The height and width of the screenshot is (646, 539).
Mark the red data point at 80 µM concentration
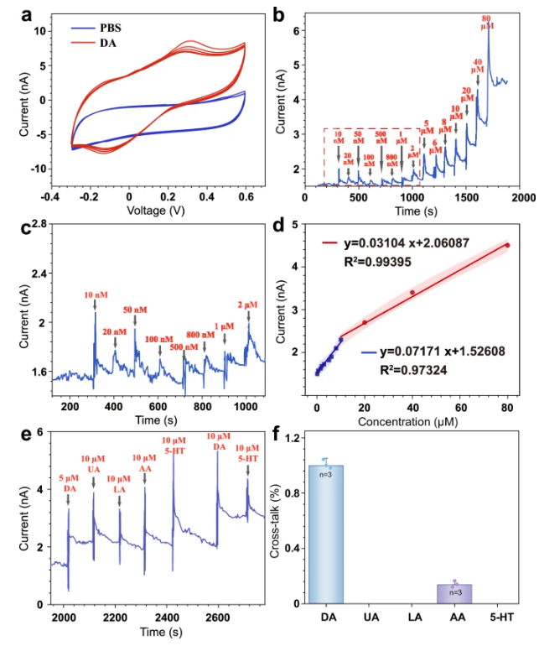pyautogui.click(x=507, y=245)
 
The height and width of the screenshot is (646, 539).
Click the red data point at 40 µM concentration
pyautogui.click(x=412, y=292)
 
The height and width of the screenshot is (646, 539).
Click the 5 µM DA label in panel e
pyautogui.click(x=70, y=483)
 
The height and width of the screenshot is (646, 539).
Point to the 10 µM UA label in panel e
pyautogui.click(x=94, y=464)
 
